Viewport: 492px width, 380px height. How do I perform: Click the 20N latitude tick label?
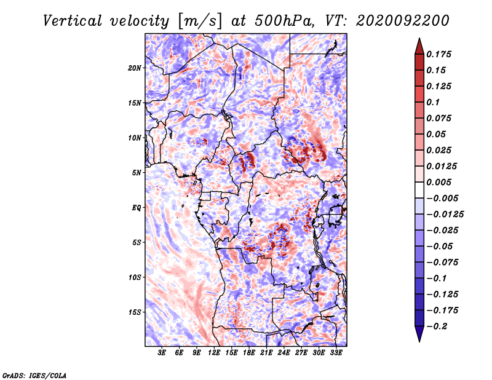(x=135, y=68)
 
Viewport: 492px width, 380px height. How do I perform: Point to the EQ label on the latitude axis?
(x=137, y=208)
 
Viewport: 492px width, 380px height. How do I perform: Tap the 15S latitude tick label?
(x=135, y=312)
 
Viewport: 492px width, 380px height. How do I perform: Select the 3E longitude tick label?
(x=162, y=353)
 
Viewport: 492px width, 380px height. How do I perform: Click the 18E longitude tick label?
(x=249, y=353)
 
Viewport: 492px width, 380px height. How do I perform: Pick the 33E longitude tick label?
(x=336, y=353)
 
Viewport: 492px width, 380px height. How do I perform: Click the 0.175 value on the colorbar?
(x=438, y=54)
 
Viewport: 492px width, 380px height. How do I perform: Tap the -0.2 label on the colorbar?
(x=437, y=327)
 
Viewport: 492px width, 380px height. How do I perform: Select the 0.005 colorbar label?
(x=438, y=182)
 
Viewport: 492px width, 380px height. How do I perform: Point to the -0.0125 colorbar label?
(x=445, y=215)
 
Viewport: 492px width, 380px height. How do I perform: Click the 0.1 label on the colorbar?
(x=433, y=102)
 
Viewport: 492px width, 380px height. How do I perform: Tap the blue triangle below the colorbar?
(x=419, y=334)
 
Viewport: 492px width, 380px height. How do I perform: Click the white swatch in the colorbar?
(x=419, y=190)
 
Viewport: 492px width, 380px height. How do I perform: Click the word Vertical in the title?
(x=73, y=21)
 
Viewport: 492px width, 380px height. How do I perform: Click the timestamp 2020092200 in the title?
(x=403, y=21)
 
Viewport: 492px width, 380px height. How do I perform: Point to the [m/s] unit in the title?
(x=200, y=22)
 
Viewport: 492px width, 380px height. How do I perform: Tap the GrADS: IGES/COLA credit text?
(x=34, y=376)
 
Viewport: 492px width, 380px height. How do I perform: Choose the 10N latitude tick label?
(x=135, y=138)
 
